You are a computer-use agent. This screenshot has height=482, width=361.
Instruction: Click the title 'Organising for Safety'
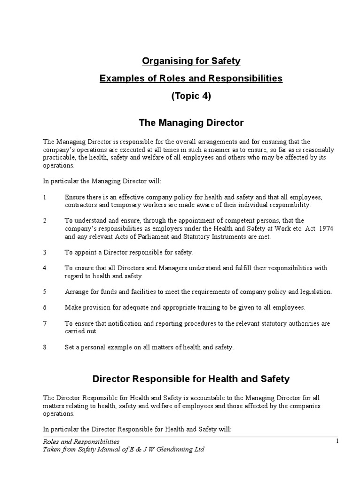pos(191,61)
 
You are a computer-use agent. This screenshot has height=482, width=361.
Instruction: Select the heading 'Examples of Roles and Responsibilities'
pos(191,79)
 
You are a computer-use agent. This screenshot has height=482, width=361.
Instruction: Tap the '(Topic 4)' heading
pos(191,96)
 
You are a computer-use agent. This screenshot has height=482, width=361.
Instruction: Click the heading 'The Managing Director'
pos(191,123)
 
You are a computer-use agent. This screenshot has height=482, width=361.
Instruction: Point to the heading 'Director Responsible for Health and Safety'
pos(191,378)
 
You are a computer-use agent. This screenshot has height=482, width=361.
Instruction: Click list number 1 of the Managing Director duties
pos(44,197)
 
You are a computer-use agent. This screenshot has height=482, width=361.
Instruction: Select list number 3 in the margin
pos(44,252)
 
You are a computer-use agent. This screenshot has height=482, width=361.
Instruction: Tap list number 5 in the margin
pos(44,292)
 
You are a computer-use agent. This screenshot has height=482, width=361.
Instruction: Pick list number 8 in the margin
pos(44,347)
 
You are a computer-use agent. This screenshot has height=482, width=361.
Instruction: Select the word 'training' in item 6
pos(198,307)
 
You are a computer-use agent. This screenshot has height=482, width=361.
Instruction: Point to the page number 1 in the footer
pos(337,441)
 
